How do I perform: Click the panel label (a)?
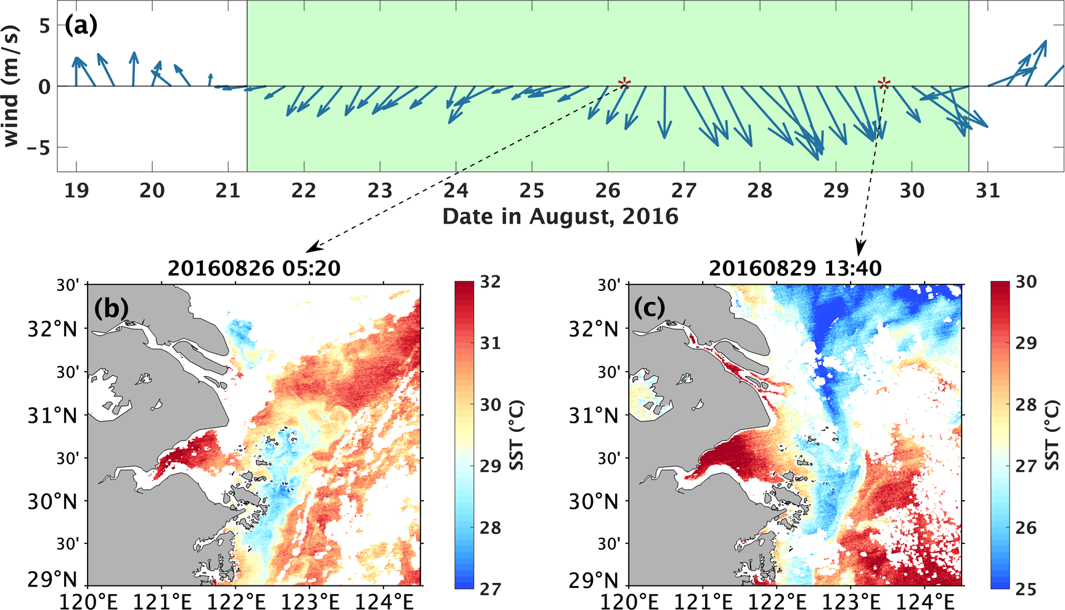pyautogui.click(x=81, y=26)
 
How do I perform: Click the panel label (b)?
pyautogui.click(x=111, y=307)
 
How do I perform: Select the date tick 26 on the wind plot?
pyautogui.click(x=608, y=190)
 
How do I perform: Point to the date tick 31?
pyautogui.click(x=987, y=190)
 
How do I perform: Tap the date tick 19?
pyautogui.click(x=76, y=190)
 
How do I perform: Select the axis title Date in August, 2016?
pyautogui.click(x=560, y=216)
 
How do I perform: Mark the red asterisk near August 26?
pyautogui.click(x=624, y=83)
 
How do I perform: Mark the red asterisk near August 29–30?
pyautogui.click(x=884, y=83)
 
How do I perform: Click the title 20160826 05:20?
pyautogui.click(x=254, y=269)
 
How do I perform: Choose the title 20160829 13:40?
pyautogui.click(x=795, y=269)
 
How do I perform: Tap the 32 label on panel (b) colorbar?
pyautogui.click(x=490, y=282)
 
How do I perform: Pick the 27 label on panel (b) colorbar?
pyautogui.click(x=490, y=589)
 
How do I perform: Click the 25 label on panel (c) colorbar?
pyautogui.click(x=1026, y=589)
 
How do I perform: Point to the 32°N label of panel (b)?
pyautogui.click(x=52, y=329)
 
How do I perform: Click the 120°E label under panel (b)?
pyautogui.click(x=88, y=600)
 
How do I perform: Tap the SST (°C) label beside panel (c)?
pyautogui.click(x=1053, y=435)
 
